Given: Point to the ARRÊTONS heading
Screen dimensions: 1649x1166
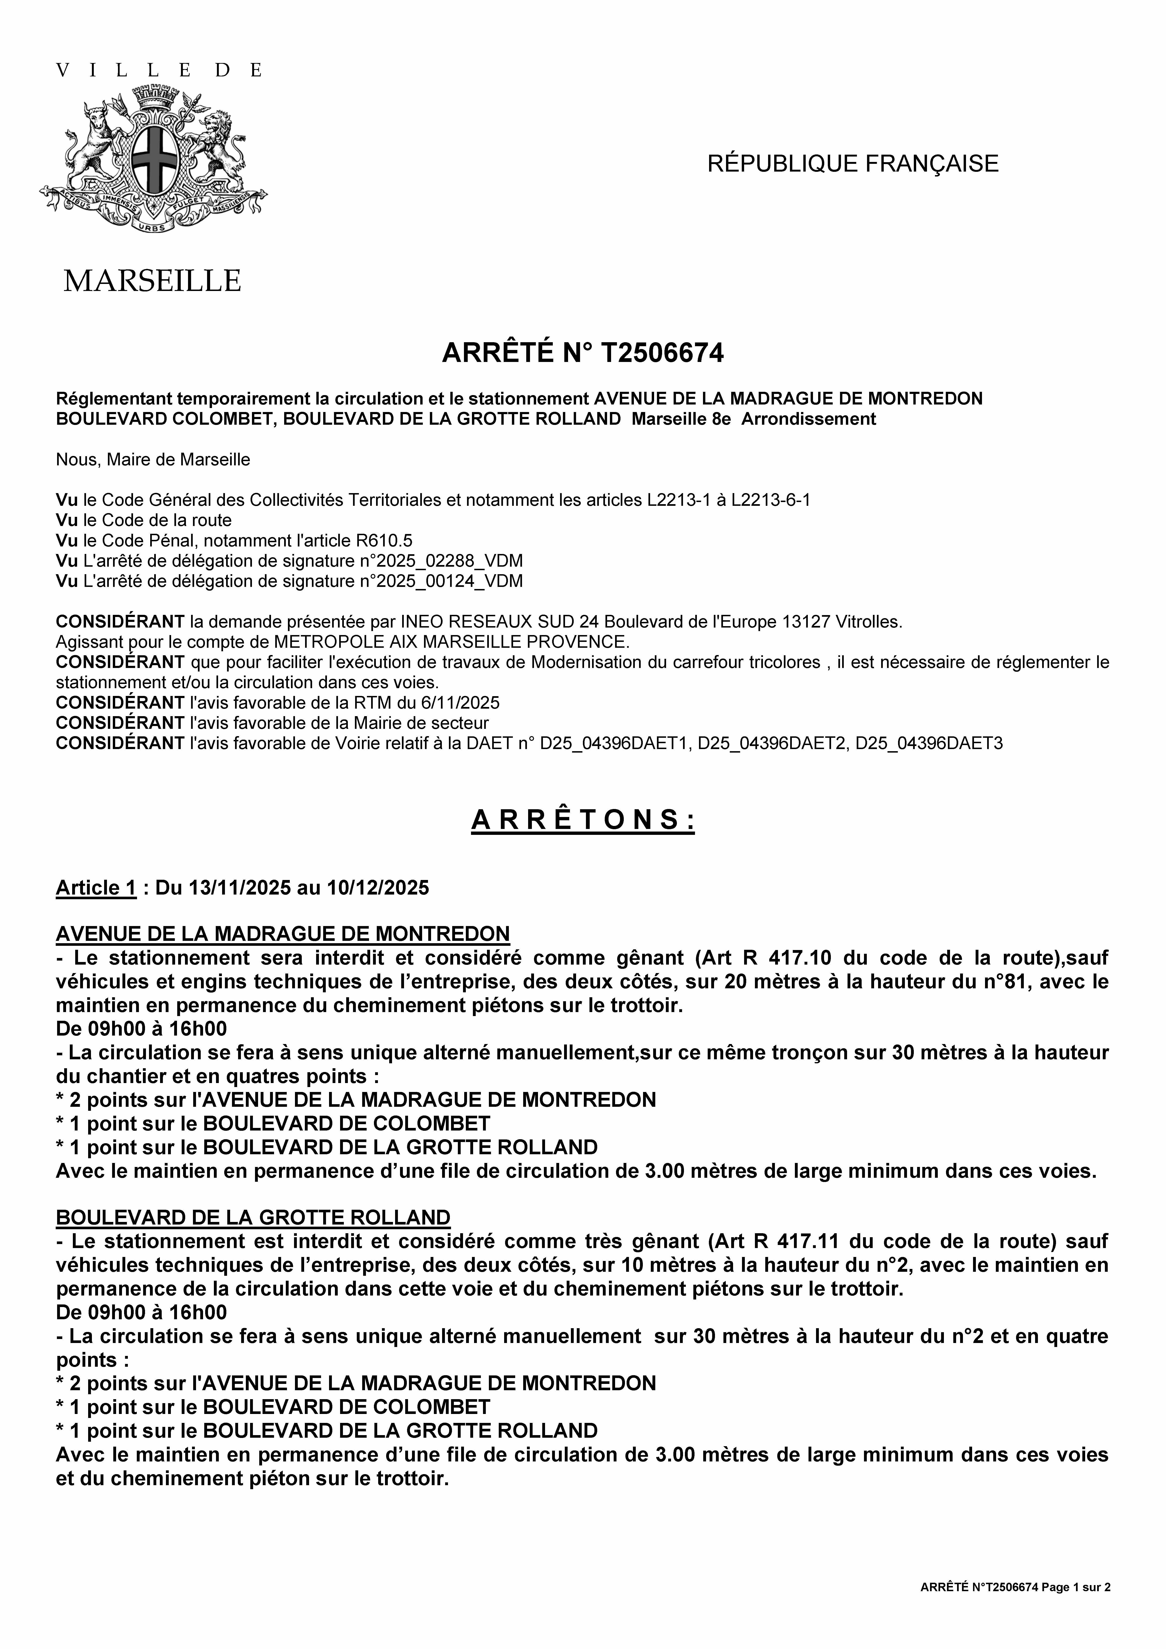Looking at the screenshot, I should (x=583, y=820).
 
